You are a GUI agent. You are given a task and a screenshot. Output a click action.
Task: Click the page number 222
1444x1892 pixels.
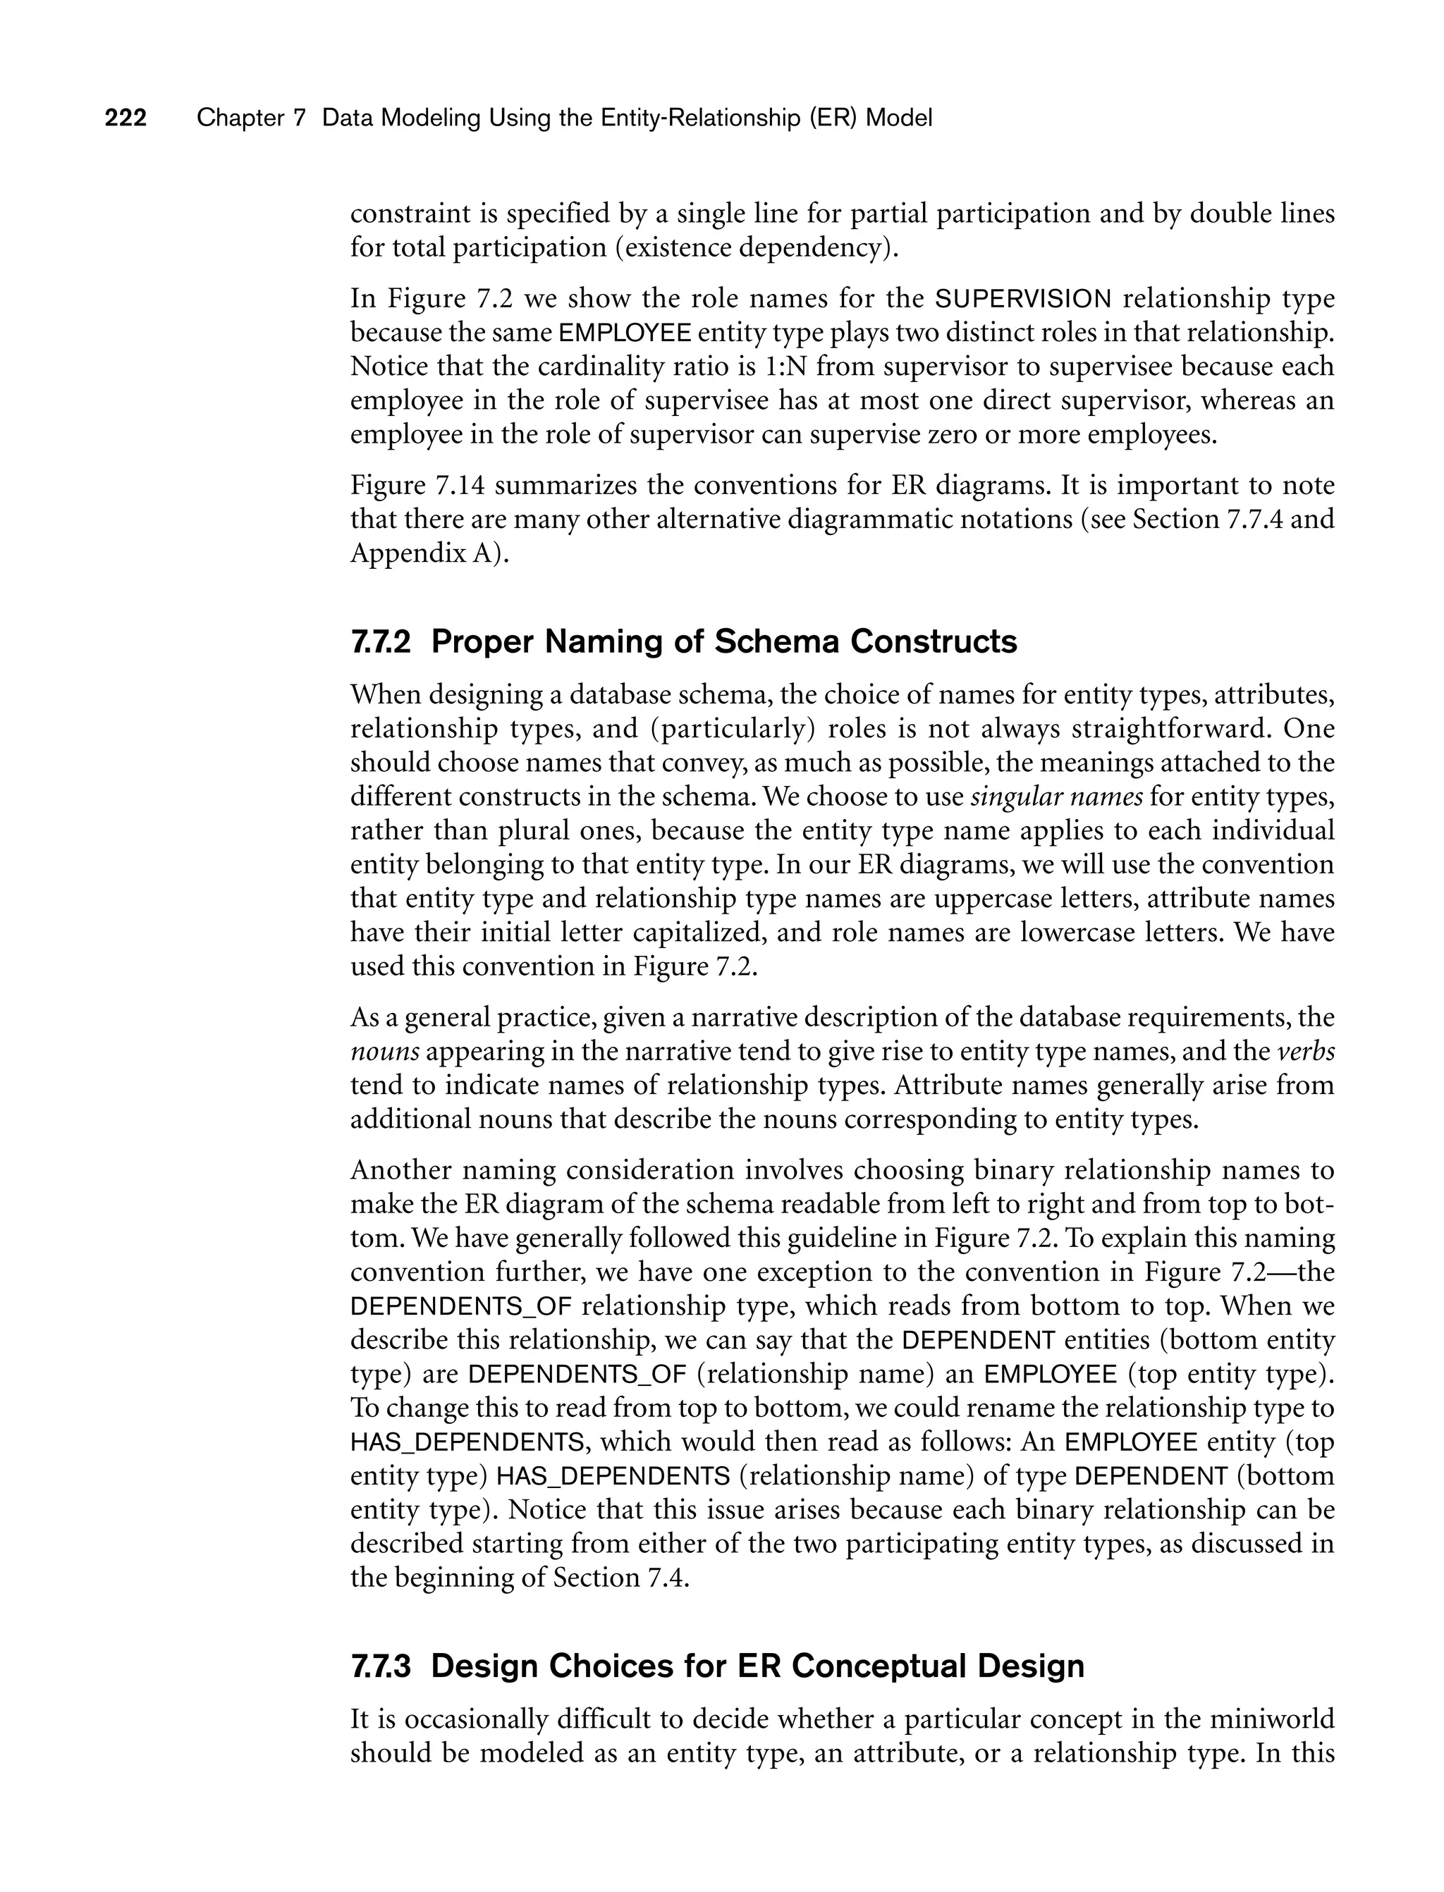click(x=126, y=118)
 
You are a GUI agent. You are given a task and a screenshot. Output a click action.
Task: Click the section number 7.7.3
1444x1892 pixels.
click(x=381, y=1666)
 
